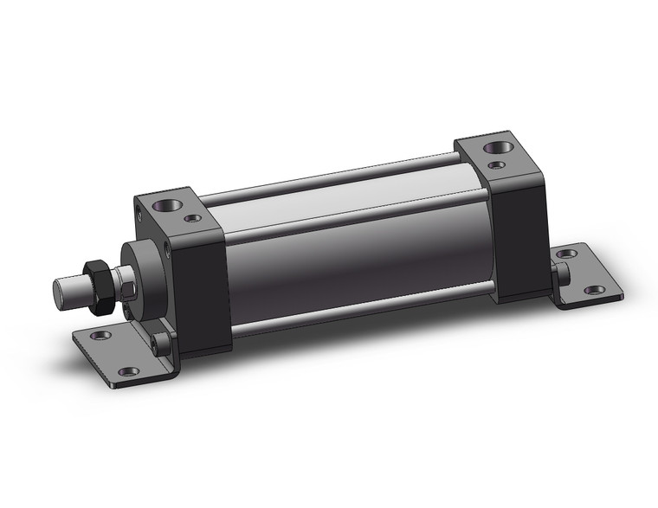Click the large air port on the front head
(x=162, y=207)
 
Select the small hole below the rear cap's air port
(x=495, y=164)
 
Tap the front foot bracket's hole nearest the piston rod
(x=101, y=334)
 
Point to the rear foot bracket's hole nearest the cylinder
(x=566, y=254)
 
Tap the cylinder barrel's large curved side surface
(x=355, y=251)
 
